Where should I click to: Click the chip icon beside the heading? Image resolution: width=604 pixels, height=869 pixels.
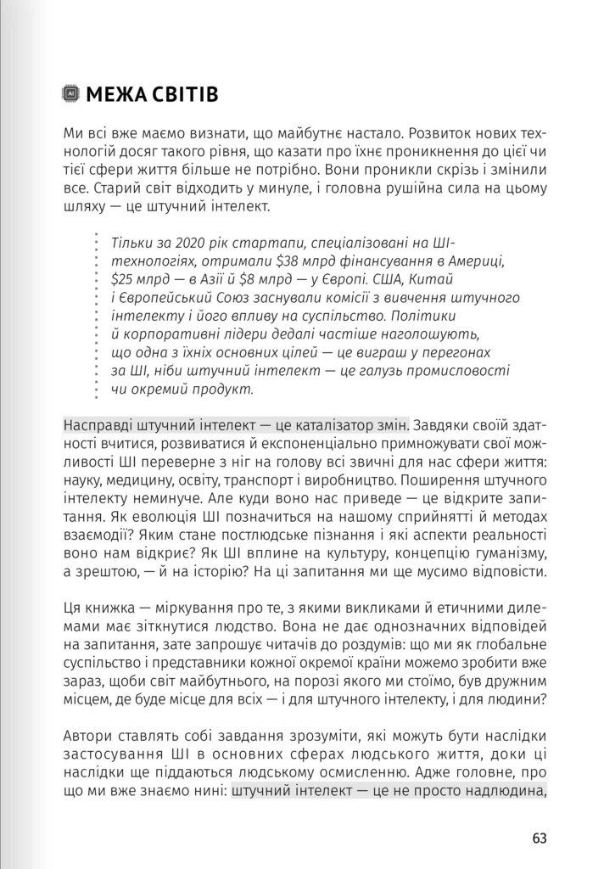point(72,94)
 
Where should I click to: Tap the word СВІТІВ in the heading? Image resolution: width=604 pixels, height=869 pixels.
point(186,94)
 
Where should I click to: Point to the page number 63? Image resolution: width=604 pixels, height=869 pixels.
point(540,838)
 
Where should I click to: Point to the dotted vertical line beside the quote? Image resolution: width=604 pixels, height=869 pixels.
point(96,315)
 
